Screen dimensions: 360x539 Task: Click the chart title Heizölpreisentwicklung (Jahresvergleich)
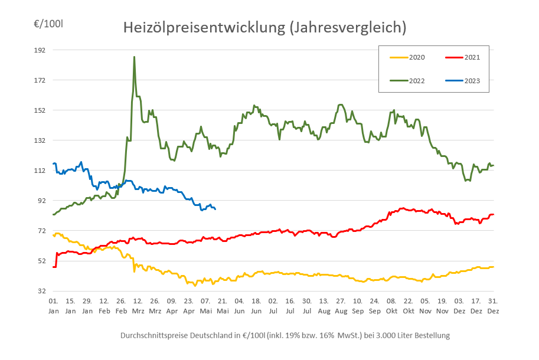coord(264,28)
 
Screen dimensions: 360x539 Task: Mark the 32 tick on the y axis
coord(41,291)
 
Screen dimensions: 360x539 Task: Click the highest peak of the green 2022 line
coord(134,57)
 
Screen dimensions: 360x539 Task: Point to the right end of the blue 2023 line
coord(215,209)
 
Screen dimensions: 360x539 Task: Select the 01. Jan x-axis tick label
coord(53,306)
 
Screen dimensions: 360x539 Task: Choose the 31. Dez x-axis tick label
coord(494,306)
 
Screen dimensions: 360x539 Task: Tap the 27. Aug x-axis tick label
coord(341,306)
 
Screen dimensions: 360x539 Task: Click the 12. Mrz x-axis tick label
coord(138,306)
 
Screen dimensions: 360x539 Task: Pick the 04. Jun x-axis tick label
coord(240,306)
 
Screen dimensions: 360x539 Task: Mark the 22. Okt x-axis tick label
coord(409,306)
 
